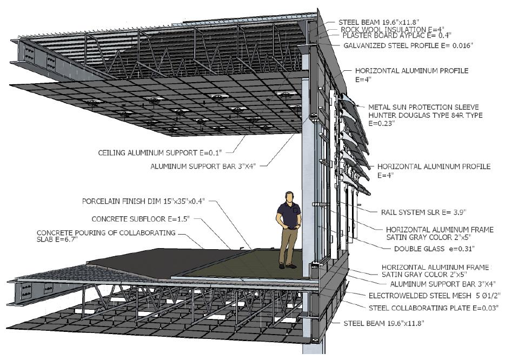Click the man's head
pos(290,197)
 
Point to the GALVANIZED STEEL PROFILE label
pos(408,46)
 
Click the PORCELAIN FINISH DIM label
pos(145,202)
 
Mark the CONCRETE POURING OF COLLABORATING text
pos(106,232)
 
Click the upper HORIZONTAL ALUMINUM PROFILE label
pos(411,71)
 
